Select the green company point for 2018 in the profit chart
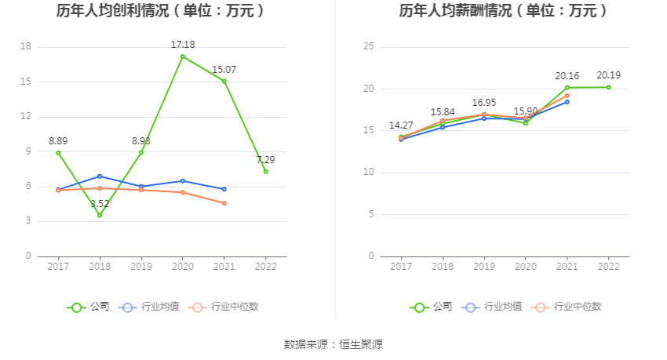(100, 215)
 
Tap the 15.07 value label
(224, 70)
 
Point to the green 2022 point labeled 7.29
(265, 171)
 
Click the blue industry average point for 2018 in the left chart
(100, 176)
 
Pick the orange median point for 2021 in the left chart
(224, 203)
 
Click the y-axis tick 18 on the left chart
(25, 46)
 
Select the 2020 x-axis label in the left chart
(183, 267)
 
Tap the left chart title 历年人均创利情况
(160, 11)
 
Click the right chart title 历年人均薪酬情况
(503, 11)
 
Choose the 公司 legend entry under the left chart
(88, 307)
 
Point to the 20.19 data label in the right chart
(608, 75)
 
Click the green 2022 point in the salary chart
(608, 87)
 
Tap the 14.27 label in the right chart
(401, 125)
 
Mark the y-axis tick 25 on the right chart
(368, 46)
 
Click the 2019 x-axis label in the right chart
(484, 267)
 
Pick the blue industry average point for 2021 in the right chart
(567, 102)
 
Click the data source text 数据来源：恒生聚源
(333, 344)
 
